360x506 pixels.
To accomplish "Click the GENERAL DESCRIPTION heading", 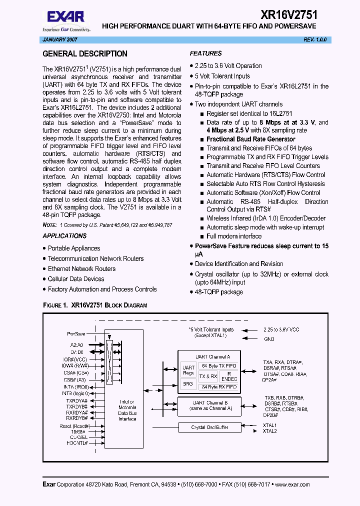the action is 85,54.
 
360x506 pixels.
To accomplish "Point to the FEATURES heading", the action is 205,53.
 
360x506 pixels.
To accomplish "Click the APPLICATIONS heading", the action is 64,236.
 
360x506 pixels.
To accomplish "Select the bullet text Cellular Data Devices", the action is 76,279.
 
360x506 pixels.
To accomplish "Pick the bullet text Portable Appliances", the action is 74,248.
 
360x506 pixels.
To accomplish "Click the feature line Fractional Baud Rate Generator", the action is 251,139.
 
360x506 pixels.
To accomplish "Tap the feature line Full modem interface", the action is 234,236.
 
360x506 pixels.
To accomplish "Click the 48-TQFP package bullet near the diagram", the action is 219,292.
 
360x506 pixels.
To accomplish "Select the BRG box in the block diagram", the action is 188,384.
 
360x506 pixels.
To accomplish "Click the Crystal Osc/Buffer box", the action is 209,427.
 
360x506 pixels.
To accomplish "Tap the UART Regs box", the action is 188,370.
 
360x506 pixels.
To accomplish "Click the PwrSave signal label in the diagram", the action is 76,333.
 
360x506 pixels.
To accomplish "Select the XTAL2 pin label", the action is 270,431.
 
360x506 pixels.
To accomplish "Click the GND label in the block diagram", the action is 269,339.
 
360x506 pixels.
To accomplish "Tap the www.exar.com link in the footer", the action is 292,484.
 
